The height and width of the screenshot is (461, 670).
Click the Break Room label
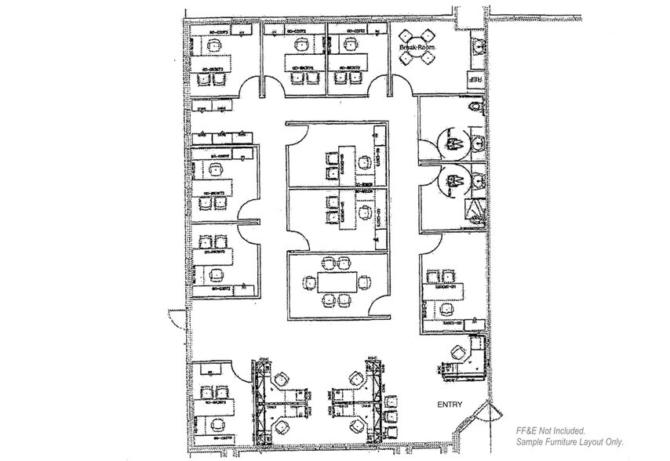pyautogui.click(x=416, y=48)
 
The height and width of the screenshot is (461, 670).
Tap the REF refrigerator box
pyautogui.click(x=474, y=78)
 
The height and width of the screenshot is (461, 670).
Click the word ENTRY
pyautogui.click(x=450, y=405)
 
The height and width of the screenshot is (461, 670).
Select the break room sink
pyautogui.click(x=475, y=45)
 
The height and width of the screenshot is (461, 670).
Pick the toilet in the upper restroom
pyautogui.click(x=472, y=109)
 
